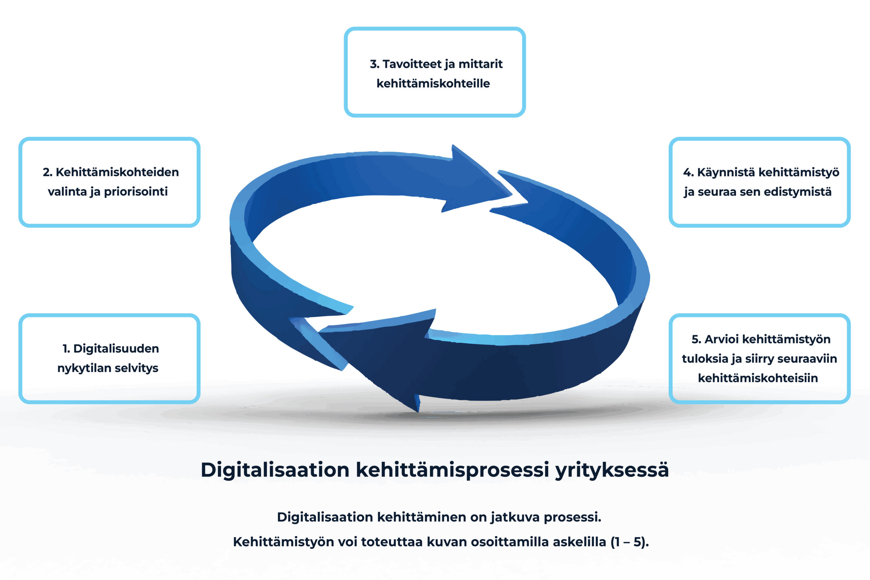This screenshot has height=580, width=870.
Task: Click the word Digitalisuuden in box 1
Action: click(x=116, y=349)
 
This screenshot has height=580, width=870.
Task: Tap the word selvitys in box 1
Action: click(x=137, y=368)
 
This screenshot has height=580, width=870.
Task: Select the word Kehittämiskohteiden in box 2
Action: click(x=117, y=172)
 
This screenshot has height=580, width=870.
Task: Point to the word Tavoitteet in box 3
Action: click(x=412, y=64)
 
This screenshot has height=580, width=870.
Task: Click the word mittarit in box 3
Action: click(x=481, y=64)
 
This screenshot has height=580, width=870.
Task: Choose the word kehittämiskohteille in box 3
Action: click(x=433, y=84)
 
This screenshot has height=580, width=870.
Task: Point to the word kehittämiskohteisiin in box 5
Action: click(x=758, y=378)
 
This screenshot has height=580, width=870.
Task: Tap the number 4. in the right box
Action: click(x=689, y=172)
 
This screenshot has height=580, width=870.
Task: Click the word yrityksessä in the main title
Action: click(x=612, y=470)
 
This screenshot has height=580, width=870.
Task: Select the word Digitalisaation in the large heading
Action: click(x=275, y=470)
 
